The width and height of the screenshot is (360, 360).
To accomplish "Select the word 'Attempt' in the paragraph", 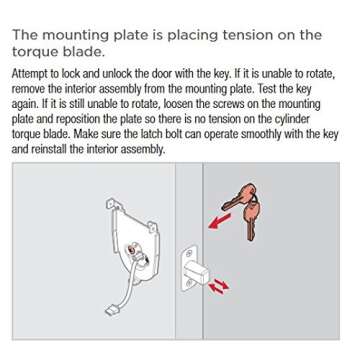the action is click(27, 74).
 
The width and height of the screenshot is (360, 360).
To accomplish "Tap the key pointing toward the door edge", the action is click(237, 198).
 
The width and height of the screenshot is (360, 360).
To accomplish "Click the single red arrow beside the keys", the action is click(219, 221).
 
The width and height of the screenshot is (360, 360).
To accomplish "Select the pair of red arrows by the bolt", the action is click(219, 286).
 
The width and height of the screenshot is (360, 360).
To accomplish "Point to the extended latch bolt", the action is click(197, 271).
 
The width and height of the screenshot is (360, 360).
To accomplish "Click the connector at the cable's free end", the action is click(111, 311).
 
